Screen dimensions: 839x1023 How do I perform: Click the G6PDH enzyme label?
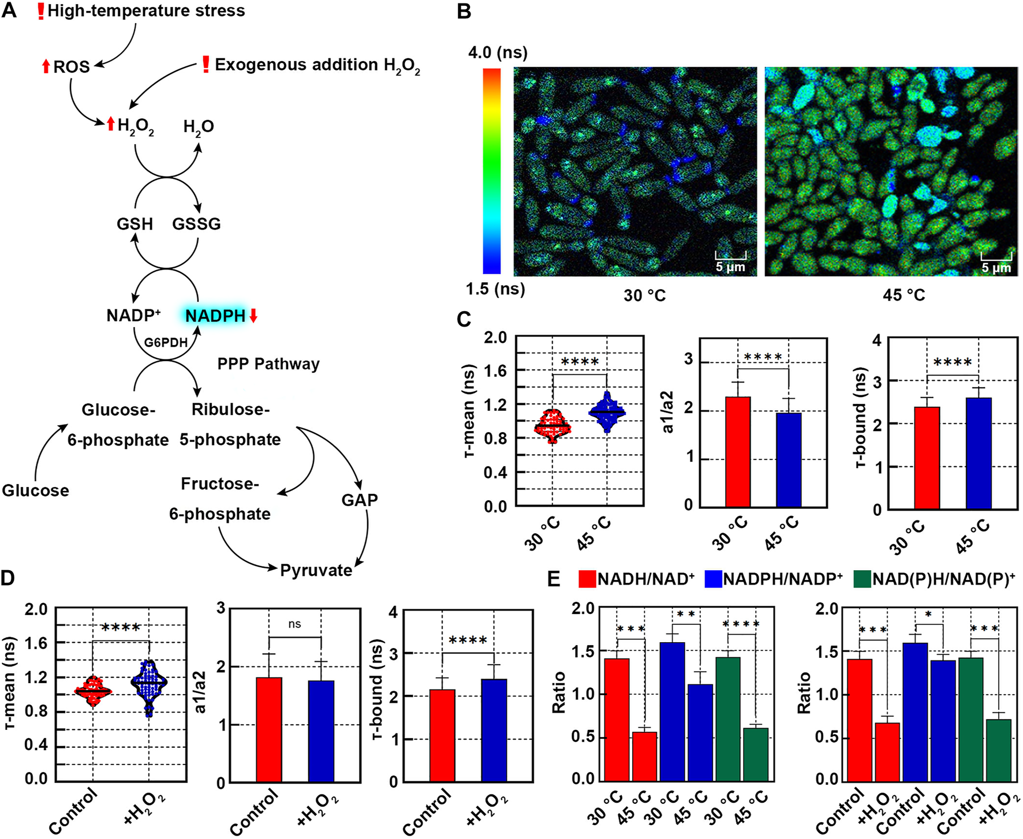pyautogui.click(x=166, y=342)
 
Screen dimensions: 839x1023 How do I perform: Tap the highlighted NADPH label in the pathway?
pyautogui.click(x=215, y=316)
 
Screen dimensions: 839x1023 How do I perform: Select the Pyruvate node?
pyautogui.click(x=316, y=570)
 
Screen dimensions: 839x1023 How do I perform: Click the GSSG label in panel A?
pyautogui.click(x=196, y=224)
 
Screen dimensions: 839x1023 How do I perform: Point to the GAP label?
pyautogui.click(x=359, y=500)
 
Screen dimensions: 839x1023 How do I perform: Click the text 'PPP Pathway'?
pyautogui.click(x=268, y=364)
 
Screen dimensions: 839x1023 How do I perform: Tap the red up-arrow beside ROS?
pyautogui.click(x=46, y=66)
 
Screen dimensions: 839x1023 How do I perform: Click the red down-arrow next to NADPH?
pyautogui.click(x=253, y=316)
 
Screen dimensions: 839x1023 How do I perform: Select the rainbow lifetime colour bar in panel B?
pyautogui.click(x=492, y=171)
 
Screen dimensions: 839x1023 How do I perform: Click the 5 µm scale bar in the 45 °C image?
pyautogui.click(x=996, y=257)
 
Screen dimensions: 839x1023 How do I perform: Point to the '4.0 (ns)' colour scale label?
pyautogui.click(x=498, y=53)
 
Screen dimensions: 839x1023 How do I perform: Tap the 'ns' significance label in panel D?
pyautogui.click(x=294, y=624)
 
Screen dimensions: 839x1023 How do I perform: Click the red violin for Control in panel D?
pyautogui.click(x=93, y=691)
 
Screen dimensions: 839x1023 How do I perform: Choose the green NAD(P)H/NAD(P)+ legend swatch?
pyautogui.click(x=862, y=579)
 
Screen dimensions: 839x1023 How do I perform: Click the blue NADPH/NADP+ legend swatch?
pyautogui.click(x=714, y=579)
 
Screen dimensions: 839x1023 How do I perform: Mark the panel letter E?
pyautogui.click(x=553, y=579)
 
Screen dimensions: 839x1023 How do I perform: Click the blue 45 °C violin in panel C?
pyautogui.click(x=607, y=412)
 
